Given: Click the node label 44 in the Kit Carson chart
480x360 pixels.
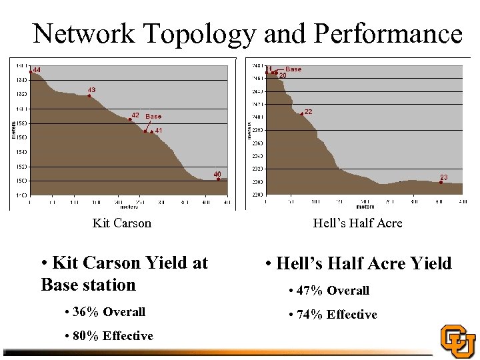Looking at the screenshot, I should coord(37,70).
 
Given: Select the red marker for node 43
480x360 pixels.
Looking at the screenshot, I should coord(89,96).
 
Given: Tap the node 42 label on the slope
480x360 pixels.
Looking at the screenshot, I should coord(135,115).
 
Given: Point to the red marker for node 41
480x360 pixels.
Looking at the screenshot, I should coord(152,132).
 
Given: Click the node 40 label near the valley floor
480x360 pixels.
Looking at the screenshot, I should coord(217,174).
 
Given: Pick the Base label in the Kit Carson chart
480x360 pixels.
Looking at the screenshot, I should coord(152,117).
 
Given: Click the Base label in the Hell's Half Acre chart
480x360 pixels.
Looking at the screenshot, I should coord(293,69).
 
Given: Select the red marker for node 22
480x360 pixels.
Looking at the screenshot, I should coord(302,114).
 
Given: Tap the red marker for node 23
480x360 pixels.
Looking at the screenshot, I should coord(441,182).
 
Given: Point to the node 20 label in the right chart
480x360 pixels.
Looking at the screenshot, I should coord(283,76).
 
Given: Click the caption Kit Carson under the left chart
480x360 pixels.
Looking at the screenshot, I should coord(121,223).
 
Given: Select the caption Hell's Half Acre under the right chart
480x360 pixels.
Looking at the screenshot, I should coord(357,223).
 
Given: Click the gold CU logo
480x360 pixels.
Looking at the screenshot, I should coord(458,341).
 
